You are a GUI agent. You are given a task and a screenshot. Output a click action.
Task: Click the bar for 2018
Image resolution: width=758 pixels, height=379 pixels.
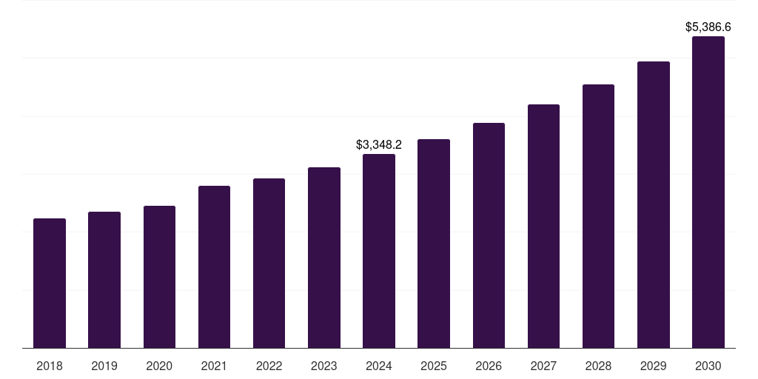[50, 283]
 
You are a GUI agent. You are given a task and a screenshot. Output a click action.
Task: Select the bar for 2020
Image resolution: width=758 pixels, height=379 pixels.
[159, 277]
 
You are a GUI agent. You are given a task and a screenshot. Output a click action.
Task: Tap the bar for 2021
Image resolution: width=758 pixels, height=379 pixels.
[214, 266]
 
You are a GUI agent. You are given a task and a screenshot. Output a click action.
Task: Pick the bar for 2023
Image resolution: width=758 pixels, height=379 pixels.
[324, 258]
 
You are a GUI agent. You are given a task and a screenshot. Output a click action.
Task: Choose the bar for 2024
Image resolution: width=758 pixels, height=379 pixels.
[379, 251]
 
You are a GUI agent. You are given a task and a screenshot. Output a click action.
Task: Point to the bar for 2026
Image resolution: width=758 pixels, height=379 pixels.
[489, 235]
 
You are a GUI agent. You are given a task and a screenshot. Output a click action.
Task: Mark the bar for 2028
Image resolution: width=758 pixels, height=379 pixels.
[598, 216]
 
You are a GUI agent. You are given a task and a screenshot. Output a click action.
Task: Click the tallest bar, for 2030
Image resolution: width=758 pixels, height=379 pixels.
[708, 192]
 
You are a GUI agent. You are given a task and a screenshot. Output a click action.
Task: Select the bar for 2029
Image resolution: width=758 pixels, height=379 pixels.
[654, 204]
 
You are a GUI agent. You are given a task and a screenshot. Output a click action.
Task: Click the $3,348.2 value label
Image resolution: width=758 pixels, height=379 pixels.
[379, 144]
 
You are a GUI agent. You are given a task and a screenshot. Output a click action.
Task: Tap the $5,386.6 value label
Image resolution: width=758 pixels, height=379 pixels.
[708, 27]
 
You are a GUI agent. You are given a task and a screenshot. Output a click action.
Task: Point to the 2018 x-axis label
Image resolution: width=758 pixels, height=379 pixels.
[50, 366]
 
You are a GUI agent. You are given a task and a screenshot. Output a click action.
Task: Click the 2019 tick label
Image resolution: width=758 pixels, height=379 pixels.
[104, 366]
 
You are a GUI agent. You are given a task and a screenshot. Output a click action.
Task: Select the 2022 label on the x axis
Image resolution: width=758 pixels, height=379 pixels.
[269, 366]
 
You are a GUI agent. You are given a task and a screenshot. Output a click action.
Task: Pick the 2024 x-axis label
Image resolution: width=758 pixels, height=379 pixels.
[379, 366]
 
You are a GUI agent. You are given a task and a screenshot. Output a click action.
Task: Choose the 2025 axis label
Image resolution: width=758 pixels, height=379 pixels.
[434, 366]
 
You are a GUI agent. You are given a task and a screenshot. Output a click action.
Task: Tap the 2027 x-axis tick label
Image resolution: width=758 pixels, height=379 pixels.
[543, 366]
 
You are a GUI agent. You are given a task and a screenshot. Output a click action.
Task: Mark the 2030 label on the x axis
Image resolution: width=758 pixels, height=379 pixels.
[708, 366]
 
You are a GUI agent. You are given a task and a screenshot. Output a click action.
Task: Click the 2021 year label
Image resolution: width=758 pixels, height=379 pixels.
[214, 366]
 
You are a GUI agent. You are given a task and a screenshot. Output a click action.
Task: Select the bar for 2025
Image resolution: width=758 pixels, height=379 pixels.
[434, 244]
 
